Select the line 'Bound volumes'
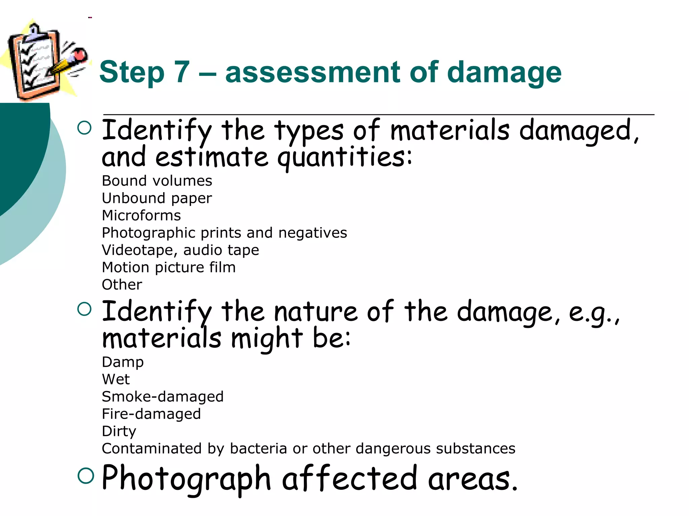(157, 181)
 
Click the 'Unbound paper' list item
(157, 198)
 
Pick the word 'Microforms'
(141, 215)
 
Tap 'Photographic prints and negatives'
(224, 233)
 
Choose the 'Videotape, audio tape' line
(180, 250)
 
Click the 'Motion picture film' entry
(169, 267)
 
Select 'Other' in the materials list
(122, 285)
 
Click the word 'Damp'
(123, 362)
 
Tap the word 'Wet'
(116, 380)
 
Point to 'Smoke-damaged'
(162, 397)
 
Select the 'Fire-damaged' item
(151, 414)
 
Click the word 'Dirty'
(119, 431)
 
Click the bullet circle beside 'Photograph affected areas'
(85, 476)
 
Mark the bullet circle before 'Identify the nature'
(84, 309)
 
